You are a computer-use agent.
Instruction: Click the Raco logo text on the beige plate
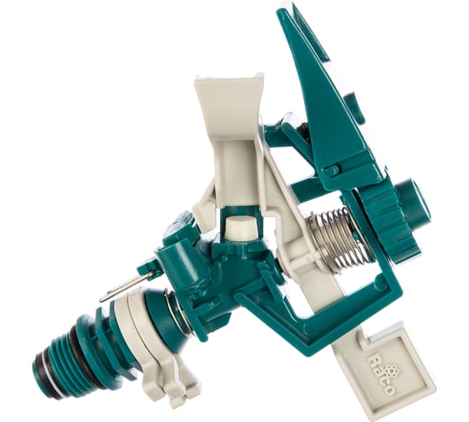click(x=380, y=374)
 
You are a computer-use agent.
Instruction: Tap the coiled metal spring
click(x=337, y=238)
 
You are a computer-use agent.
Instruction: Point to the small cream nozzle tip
click(x=241, y=227)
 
